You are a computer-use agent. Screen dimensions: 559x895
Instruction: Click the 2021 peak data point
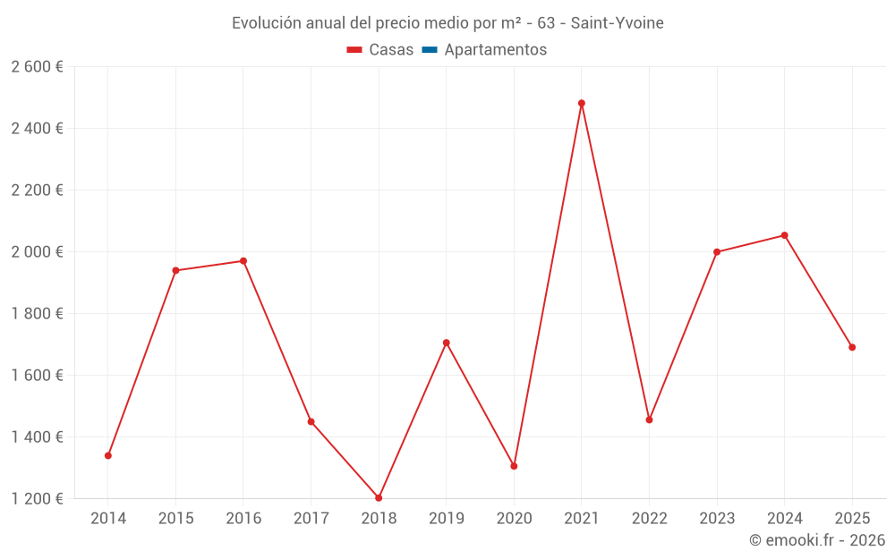[582, 103]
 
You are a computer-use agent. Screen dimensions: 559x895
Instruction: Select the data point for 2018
[379, 497]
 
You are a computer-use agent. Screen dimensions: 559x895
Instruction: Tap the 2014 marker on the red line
[108, 455]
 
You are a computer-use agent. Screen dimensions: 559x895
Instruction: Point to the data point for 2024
[784, 235]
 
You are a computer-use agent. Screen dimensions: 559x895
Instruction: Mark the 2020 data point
[514, 466]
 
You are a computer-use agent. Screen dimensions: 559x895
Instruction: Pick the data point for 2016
[243, 261]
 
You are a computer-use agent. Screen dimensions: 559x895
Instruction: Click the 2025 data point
[852, 347]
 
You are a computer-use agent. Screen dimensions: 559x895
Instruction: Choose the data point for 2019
[446, 343]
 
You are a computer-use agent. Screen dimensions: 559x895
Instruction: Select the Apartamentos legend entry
[495, 50]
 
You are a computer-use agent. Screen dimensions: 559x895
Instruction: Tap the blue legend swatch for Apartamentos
[430, 50]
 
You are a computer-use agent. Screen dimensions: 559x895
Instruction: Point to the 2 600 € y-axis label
[38, 66]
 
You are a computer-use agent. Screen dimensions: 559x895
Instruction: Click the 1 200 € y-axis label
[38, 498]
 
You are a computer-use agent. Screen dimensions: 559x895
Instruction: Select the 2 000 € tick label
[38, 251]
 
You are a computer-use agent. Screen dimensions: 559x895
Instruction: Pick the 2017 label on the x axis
[311, 518]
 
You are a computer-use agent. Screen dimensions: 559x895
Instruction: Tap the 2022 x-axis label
[649, 518]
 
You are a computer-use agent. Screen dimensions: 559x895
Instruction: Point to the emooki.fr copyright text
[816, 540]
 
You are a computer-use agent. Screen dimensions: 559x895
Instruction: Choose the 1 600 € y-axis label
[38, 375]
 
